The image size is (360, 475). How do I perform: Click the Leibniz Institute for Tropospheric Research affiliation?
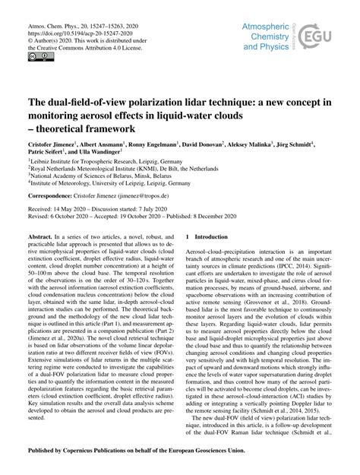click(x=107, y=163)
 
